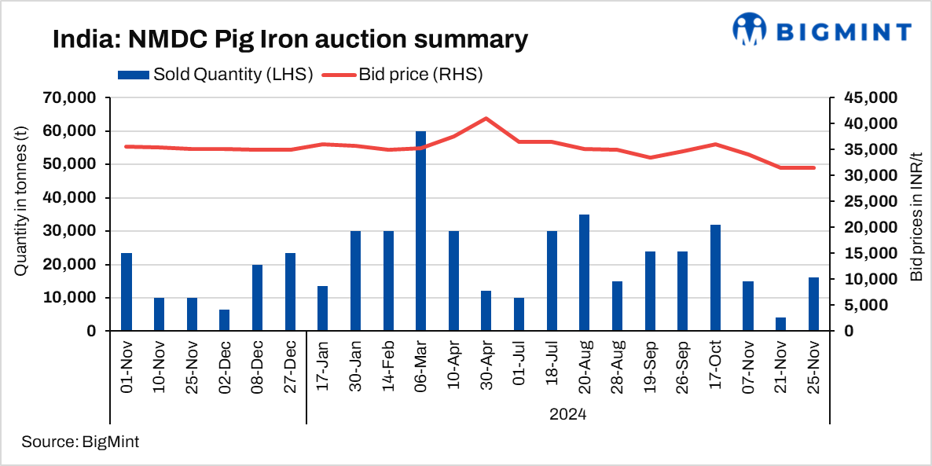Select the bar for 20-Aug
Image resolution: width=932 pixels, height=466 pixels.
(x=585, y=273)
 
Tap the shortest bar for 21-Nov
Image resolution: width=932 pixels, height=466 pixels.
(x=780, y=325)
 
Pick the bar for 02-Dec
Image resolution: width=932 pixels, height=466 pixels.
(x=225, y=321)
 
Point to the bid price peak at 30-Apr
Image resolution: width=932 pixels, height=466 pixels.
(x=486, y=119)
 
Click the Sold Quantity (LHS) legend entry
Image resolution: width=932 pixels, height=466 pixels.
(x=216, y=75)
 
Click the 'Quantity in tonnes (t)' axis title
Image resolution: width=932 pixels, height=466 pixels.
(x=20, y=214)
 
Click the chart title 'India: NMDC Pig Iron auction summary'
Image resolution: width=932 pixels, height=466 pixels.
(x=290, y=39)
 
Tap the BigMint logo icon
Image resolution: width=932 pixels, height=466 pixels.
(x=749, y=30)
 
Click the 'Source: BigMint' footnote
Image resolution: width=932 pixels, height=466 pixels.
(x=80, y=442)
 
